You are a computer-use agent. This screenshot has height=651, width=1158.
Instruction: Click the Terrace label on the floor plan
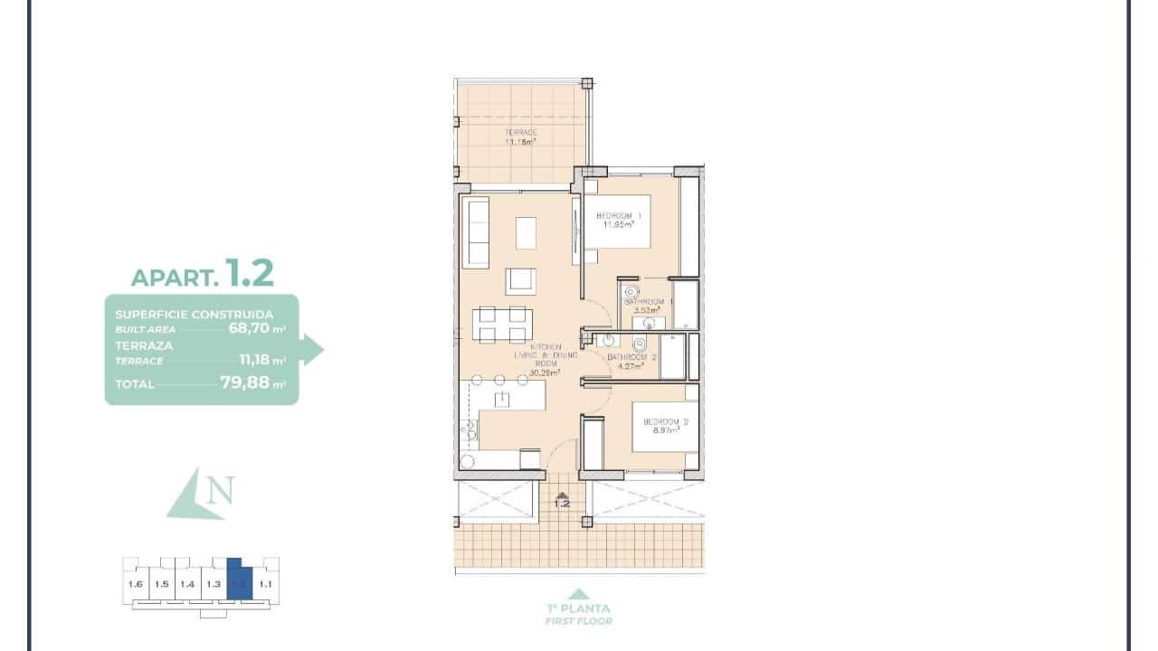point(520,132)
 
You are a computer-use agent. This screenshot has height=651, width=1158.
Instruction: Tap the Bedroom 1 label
point(618,216)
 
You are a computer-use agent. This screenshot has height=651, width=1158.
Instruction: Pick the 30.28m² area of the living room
point(546,372)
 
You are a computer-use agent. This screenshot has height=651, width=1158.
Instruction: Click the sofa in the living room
point(475,232)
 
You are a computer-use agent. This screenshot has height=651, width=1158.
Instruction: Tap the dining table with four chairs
point(501,325)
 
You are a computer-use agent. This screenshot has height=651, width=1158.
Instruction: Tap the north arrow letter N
point(220,491)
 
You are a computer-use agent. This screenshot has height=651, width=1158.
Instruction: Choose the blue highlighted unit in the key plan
point(239,579)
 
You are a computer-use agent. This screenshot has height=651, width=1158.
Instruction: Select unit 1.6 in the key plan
point(136,584)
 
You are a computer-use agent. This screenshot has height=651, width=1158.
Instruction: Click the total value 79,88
point(244,382)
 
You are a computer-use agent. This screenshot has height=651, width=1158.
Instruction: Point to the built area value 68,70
point(250,329)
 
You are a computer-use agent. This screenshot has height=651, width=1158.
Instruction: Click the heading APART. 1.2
point(202,273)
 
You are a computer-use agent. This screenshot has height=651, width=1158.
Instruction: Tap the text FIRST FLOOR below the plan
point(578,621)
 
